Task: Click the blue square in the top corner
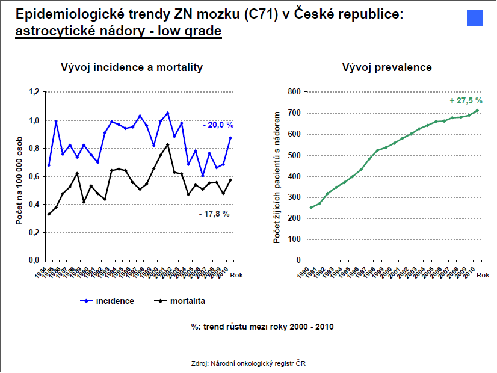475,19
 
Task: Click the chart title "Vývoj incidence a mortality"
132,67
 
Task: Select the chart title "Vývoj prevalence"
387,67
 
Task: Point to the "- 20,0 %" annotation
218,125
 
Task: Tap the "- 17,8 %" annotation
214,214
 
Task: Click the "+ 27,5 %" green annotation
466,100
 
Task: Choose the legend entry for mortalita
181,300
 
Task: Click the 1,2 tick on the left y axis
33,92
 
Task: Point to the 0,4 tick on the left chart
33,205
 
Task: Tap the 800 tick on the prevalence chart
294,92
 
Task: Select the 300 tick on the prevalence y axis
294,197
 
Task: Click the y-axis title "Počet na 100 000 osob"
20,176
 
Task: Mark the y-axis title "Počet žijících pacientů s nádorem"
276,176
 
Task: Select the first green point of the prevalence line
312,208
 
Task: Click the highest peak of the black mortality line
167,144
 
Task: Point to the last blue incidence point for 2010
230,138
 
